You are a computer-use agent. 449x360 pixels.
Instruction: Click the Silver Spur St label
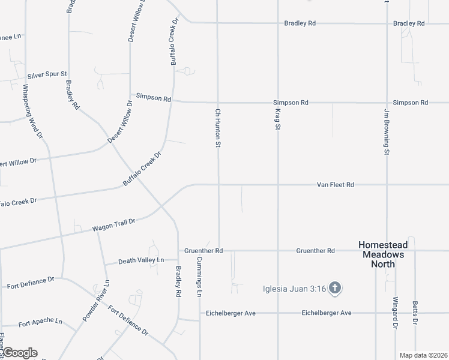coord(47,76)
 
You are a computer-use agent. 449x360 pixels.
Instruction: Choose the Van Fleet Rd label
coord(335,185)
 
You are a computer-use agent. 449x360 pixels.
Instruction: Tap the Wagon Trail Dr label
coord(113,225)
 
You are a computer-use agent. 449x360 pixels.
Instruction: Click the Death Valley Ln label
coord(141,260)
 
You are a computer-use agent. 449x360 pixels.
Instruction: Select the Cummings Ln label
coord(200,277)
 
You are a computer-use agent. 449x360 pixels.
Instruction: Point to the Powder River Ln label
coord(96,300)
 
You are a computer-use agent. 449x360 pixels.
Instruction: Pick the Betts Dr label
coord(415,313)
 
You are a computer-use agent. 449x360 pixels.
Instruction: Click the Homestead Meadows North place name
coord(382,254)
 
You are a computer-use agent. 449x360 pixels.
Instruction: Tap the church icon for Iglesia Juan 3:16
coord(335,289)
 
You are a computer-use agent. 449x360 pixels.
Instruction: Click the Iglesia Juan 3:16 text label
coord(294,289)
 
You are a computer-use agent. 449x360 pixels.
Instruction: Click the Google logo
coord(20,353)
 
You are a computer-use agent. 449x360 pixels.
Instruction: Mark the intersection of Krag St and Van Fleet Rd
coord(278,185)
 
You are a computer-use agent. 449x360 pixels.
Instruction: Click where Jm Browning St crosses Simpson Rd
coord(387,103)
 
